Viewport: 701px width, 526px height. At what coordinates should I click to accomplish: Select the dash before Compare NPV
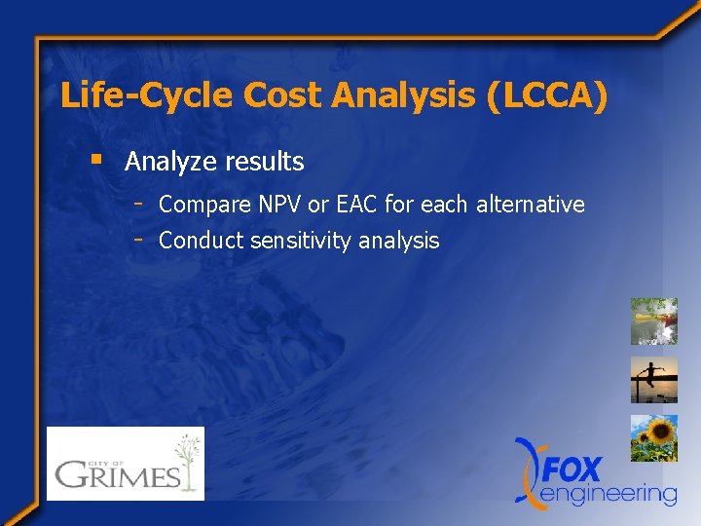point(140,204)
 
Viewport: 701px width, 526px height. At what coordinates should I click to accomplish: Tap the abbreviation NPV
point(280,205)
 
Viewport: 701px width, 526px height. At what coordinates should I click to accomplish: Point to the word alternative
point(530,205)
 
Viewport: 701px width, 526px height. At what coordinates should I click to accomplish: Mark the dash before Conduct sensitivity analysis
point(140,239)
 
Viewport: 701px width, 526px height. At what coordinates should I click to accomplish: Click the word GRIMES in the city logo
point(117,474)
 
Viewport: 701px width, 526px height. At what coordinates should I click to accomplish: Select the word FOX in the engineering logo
point(572,469)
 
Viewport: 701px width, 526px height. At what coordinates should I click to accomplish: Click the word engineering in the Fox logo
point(608,494)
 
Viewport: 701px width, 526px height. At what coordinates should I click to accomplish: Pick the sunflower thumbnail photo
point(653,438)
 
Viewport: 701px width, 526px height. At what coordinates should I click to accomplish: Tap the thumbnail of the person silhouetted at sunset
point(653,380)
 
